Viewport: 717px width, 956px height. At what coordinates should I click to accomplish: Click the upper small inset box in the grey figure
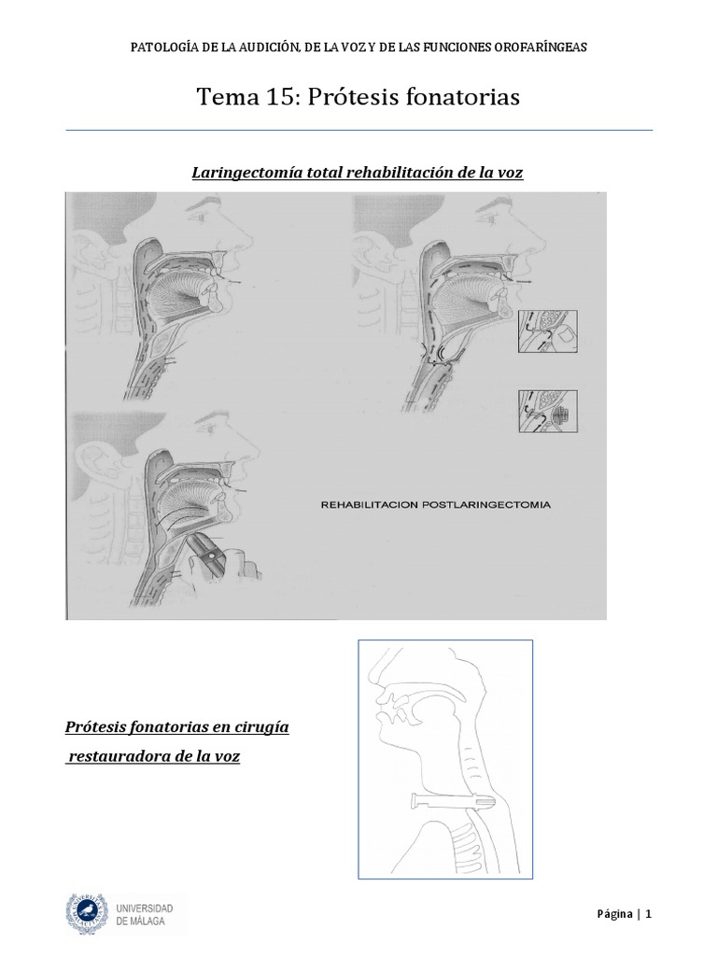[546, 332]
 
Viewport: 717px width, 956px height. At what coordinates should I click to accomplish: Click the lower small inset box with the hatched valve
[546, 412]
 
